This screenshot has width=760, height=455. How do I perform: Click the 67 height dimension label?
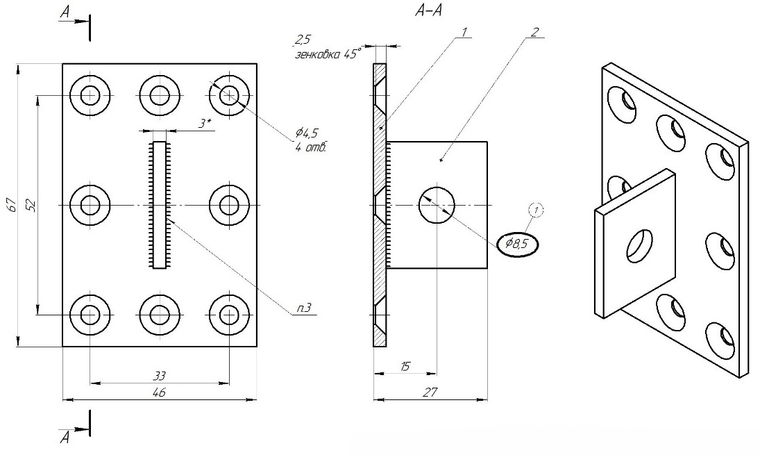click(13, 205)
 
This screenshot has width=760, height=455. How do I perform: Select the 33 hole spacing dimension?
click(160, 375)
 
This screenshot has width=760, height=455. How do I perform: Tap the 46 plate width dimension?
click(159, 392)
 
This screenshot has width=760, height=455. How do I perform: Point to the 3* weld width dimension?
click(205, 124)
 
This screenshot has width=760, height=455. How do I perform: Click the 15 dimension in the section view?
click(406, 366)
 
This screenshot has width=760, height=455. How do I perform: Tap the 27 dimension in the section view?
click(430, 392)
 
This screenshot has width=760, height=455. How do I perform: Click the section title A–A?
click(428, 10)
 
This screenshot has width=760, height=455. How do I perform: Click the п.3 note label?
click(303, 308)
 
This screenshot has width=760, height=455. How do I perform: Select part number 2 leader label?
click(534, 32)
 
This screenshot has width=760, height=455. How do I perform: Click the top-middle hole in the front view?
click(160, 96)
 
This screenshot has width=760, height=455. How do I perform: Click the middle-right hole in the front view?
click(229, 205)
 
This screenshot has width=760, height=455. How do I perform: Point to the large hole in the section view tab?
click(437, 205)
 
